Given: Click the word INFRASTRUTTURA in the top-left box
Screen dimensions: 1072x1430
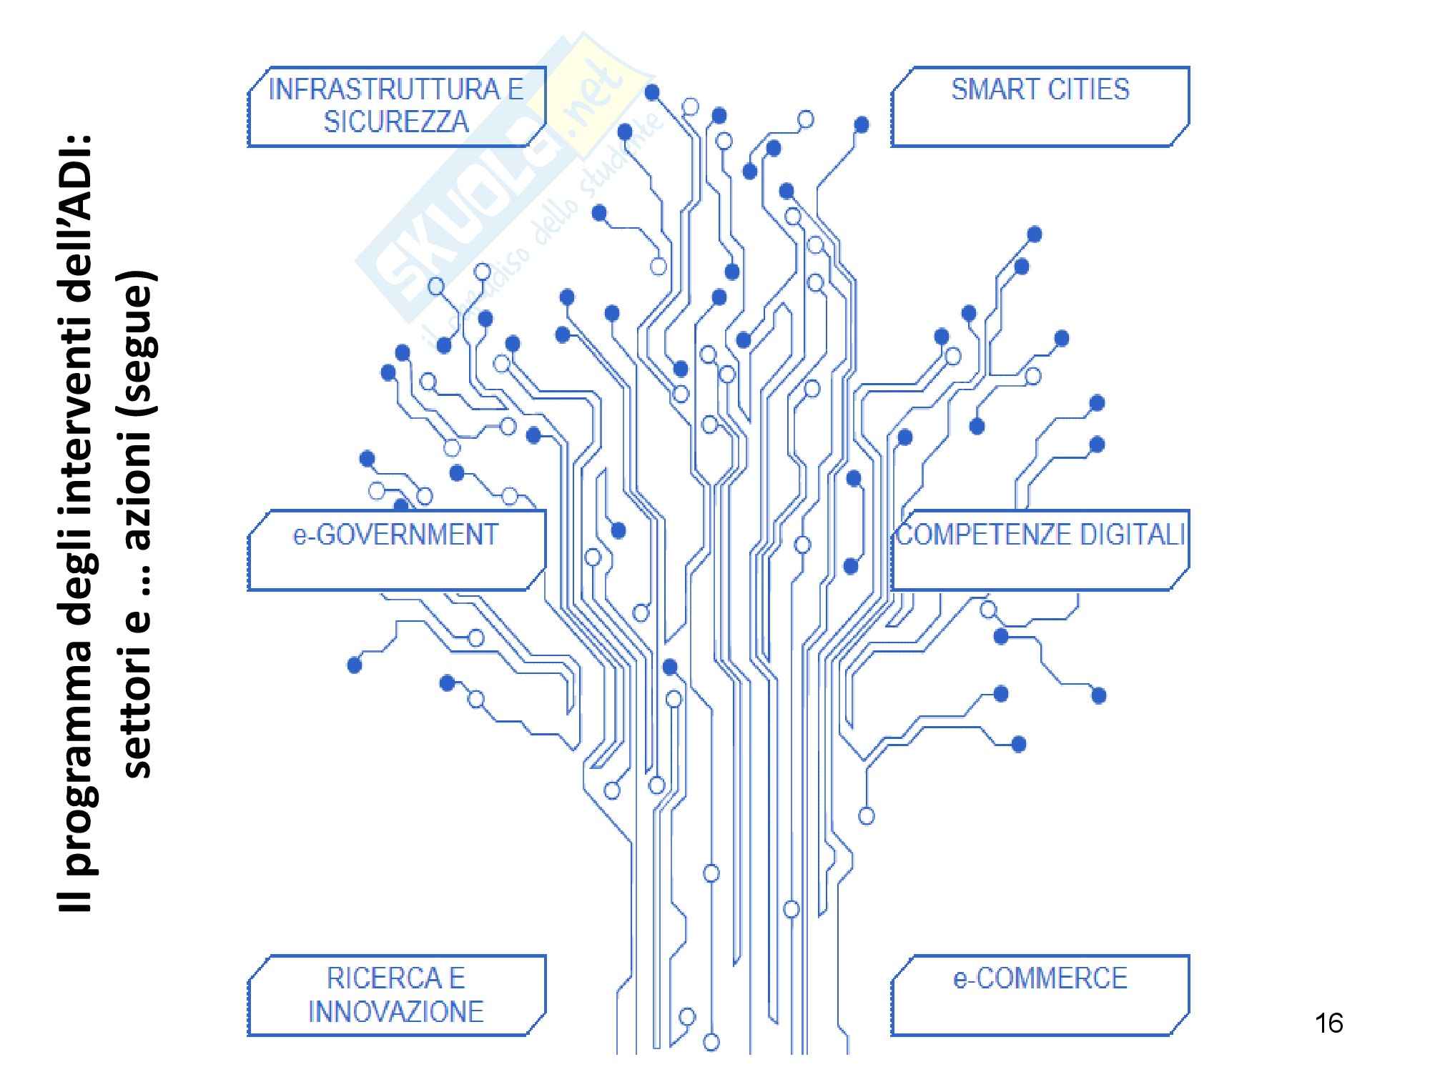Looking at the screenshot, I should point(384,89).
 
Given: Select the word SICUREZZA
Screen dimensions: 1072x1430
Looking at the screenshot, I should point(396,121).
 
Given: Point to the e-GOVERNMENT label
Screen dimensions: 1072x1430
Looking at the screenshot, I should point(395,535).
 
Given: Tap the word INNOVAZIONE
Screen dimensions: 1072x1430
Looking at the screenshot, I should point(396,1011).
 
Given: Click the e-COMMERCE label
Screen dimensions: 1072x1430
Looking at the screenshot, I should point(1040,978).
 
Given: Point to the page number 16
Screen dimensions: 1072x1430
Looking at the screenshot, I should point(1328,1023).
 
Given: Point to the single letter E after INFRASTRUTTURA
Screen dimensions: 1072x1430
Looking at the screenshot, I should point(516,89).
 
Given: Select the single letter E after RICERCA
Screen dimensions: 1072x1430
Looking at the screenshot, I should point(457,978).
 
